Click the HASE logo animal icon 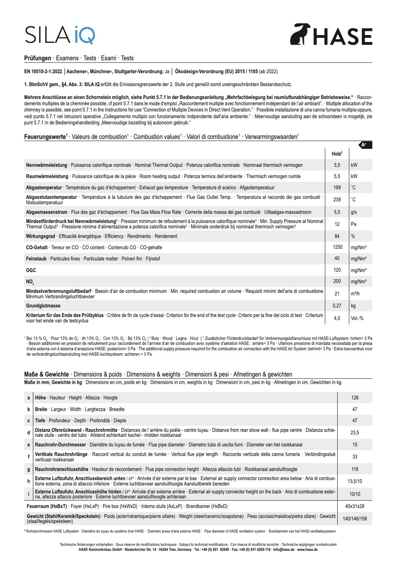[x=300, y=34]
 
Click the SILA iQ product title [x=60, y=35]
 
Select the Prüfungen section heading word [x=37, y=58]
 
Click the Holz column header [x=337, y=154]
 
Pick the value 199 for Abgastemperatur [x=337, y=188]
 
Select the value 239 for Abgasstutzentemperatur [x=337, y=200]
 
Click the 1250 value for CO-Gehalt [x=337, y=247]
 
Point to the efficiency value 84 [x=337, y=236]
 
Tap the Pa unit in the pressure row [x=354, y=224]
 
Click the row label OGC [x=31, y=270]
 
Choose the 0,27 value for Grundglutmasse [x=337, y=306]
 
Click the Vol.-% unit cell [x=357, y=318]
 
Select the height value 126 [x=355, y=398]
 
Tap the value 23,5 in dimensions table [x=355, y=433]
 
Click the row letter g [x=29, y=469]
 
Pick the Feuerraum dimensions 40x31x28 [x=355, y=506]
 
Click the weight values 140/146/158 [x=355, y=519]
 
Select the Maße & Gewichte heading [x=47, y=374]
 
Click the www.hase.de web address [x=308, y=550]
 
